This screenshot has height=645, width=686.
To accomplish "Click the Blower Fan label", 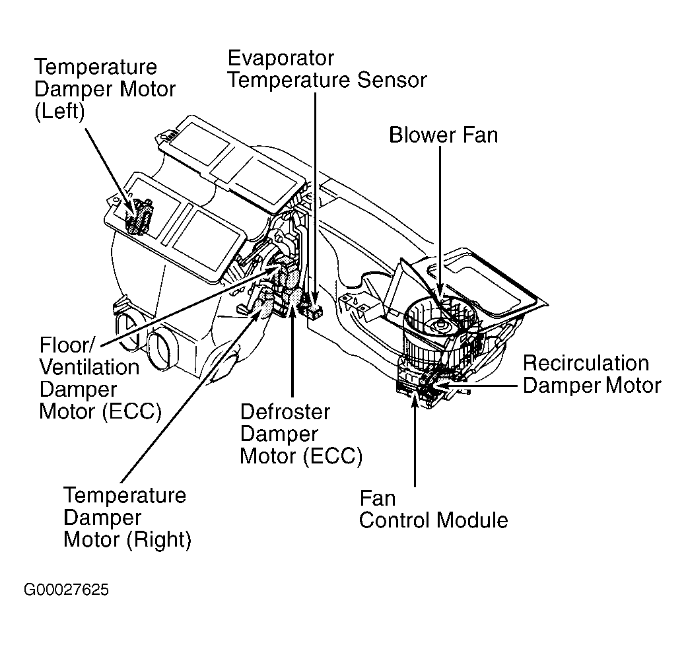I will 443,135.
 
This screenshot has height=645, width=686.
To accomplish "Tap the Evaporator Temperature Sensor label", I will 327,69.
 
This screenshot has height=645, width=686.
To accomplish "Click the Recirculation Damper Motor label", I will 592,374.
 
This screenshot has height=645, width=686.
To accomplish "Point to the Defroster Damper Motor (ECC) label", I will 300,434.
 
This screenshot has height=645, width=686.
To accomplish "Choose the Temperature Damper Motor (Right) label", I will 127,518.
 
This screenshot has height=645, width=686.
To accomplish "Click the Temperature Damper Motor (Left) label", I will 104,89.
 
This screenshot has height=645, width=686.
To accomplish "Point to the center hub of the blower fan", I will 438,324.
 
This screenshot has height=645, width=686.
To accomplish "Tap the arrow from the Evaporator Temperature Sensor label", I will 316,198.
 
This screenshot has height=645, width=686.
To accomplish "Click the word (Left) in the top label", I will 59,111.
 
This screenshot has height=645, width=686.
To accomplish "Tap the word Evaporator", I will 281,58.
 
